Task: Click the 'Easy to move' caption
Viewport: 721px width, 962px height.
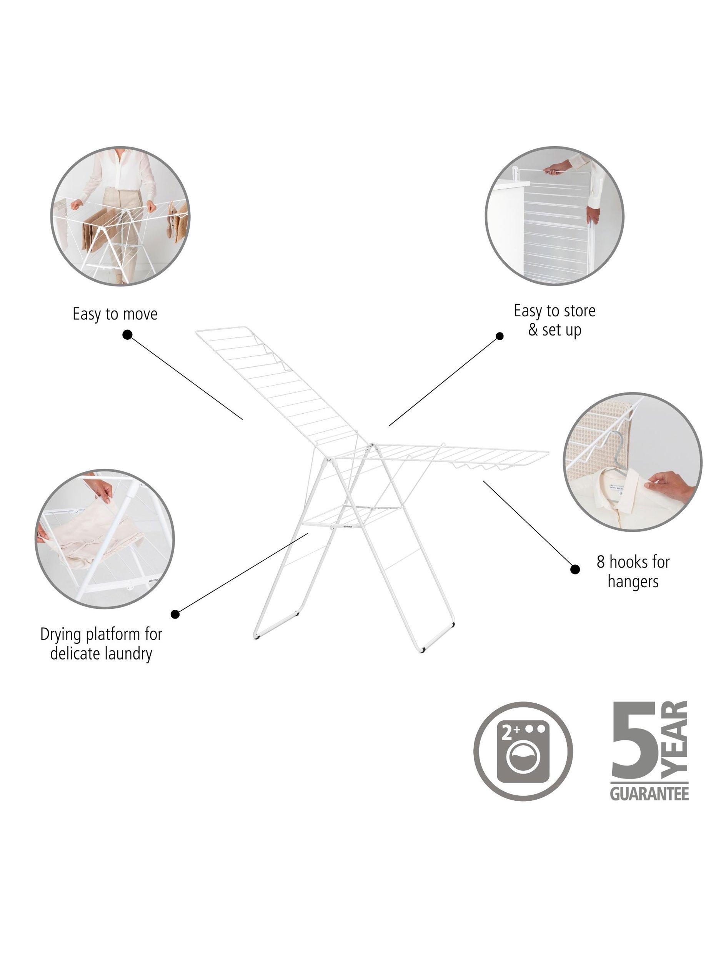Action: [x=115, y=314]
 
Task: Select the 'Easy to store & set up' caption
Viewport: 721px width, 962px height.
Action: [x=554, y=320]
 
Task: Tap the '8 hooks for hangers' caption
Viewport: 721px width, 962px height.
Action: [x=633, y=571]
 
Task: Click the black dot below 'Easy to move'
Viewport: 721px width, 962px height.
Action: [x=127, y=335]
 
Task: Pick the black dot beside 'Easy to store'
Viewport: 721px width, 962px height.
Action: [x=500, y=336]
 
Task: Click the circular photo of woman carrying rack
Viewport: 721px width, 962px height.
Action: [x=120, y=216]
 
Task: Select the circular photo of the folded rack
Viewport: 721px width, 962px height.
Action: [x=554, y=216]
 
